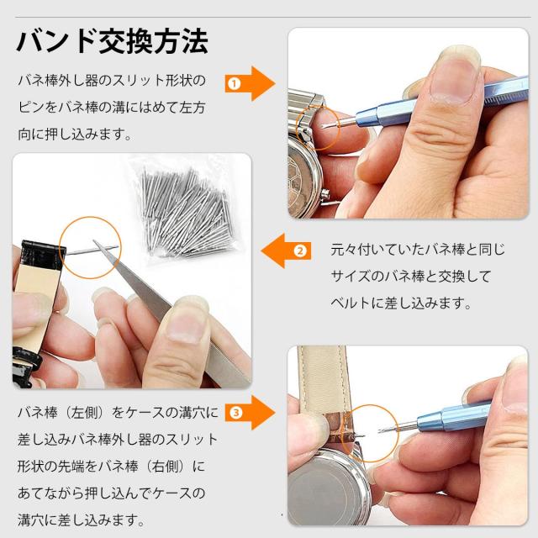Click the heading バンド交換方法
pos(112,42)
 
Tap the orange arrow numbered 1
pos(251,84)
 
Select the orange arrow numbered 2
pos(286,251)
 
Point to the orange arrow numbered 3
pos(251,412)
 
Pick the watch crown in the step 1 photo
pos(325,196)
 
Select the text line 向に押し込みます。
pos(75,134)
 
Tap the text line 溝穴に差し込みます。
pos(81,520)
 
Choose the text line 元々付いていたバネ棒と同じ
pos(418,250)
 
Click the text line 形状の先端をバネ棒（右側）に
pos(112,466)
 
